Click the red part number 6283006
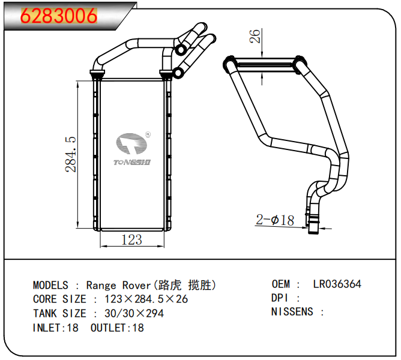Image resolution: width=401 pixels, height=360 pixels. (59, 16)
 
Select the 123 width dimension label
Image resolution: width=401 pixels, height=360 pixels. (131, 240)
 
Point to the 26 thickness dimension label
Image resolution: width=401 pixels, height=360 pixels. (255, 37)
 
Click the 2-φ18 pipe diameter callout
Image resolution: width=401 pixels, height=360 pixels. (275, 220)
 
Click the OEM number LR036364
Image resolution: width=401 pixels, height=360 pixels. (337, 284)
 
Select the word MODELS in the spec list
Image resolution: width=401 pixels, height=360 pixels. (50, 285)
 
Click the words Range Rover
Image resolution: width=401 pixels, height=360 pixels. (119, 285)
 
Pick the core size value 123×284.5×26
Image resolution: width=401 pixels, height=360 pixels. (146, 299)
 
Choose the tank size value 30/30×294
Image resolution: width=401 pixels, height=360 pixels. (134, 313)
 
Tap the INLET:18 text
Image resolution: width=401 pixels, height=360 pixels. (55, 328)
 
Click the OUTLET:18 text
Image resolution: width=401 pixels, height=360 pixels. (117, 328)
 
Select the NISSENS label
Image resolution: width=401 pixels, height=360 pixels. (292, 312)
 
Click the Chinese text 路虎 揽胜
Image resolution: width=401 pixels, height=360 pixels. (185, 285)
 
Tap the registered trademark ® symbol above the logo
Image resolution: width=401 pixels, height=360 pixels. (148, 136)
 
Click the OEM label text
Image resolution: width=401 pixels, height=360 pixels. (281, 284)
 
